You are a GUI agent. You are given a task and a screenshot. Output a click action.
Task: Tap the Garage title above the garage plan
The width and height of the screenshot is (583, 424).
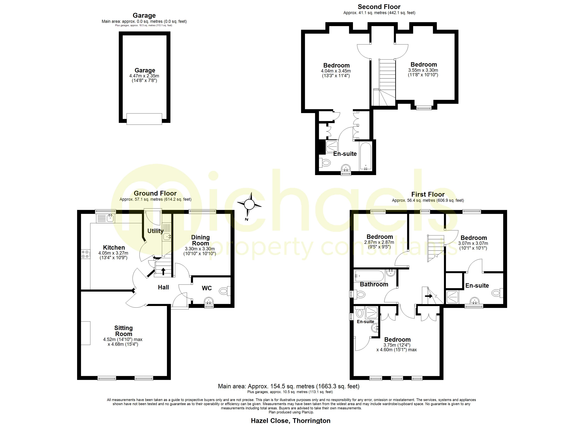tap(144, 15)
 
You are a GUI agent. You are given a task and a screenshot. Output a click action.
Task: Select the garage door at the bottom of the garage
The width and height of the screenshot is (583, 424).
tap(144, 119)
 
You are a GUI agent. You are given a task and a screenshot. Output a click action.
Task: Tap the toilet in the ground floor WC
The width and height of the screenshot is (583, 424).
tap(224, 291)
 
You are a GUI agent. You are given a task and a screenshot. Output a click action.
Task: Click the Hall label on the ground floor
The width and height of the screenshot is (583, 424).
tap(163, 287)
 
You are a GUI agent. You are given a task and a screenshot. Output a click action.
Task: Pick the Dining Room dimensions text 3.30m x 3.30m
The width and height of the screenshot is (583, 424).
tap(200, 249)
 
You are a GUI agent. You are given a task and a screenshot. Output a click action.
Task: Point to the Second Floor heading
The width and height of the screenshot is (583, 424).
tap(379, 7)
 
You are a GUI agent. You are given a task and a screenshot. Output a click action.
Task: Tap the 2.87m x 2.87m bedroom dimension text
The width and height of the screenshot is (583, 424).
tap(379, 242)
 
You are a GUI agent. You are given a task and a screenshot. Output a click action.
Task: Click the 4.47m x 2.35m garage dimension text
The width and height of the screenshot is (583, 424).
tap(144, 76)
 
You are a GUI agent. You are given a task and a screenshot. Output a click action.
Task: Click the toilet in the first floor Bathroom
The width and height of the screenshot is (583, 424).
tap(360, 294)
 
